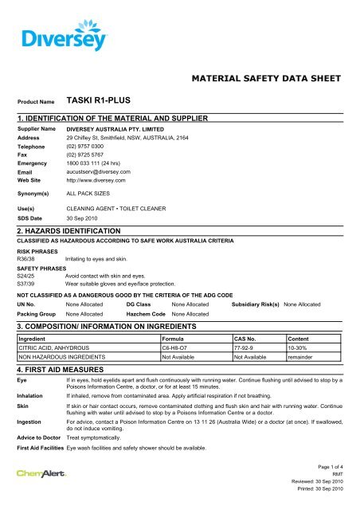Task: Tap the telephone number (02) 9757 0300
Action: coord(89,147)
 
